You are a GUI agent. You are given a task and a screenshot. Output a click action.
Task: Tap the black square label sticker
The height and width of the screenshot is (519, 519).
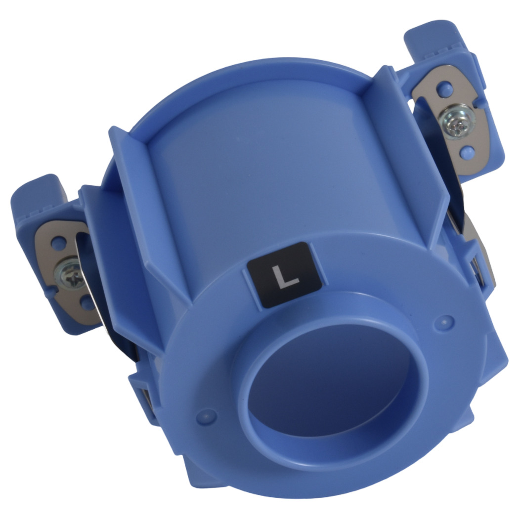(285, 275)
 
